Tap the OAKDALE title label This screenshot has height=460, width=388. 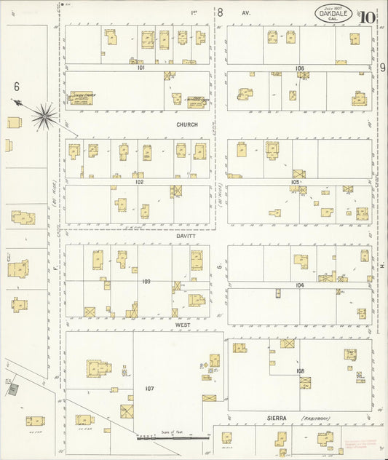pos(333,13)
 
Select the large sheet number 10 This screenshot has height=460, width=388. pos(368,16)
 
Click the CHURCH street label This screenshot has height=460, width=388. pos(187,124)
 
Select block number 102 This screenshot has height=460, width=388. pos(140,181)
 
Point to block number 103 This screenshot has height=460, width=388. pos(146,281)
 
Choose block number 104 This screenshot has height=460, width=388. pos(299,285)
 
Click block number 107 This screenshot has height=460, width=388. pos(149,389)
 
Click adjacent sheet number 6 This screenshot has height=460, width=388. pos(15,86)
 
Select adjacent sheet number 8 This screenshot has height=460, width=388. pos(220,12)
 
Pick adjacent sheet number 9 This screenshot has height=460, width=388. pos(382,67)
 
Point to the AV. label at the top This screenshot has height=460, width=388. pos(246,13)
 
